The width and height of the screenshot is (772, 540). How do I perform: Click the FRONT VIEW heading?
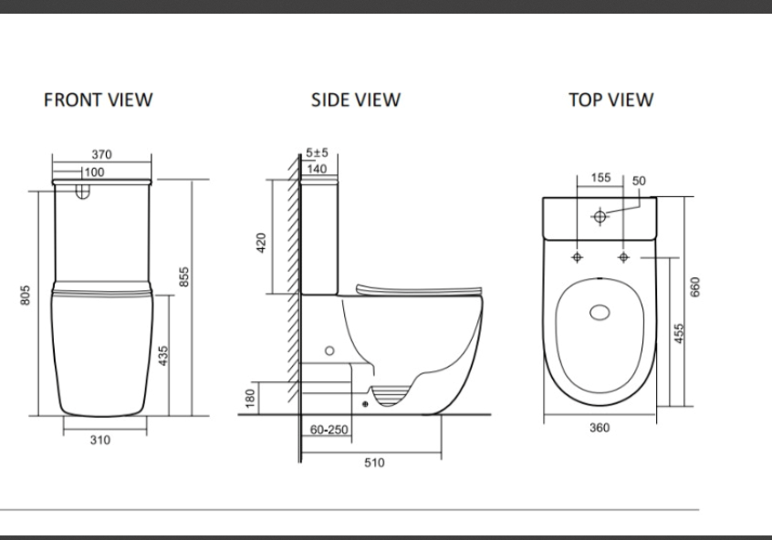(99, 99)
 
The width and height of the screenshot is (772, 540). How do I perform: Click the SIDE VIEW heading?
(355, 99)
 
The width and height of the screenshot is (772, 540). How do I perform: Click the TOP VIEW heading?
(610, 99)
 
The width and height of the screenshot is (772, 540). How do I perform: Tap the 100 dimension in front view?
(94, 171)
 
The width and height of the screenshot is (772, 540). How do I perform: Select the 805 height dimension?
(26, 296)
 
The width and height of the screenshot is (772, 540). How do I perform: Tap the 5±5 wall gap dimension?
(317, 153)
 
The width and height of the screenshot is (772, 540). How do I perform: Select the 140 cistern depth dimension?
(317, 169)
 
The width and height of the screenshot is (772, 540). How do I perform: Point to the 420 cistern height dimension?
(261, 243)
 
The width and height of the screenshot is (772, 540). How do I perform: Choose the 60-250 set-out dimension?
(329, 429)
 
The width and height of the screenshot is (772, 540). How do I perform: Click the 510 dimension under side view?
(374, 462)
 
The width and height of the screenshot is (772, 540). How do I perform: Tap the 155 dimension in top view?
(600, 178)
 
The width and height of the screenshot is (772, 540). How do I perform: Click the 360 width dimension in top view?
(600, 428)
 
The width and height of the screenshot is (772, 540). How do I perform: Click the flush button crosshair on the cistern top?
(600, 216)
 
